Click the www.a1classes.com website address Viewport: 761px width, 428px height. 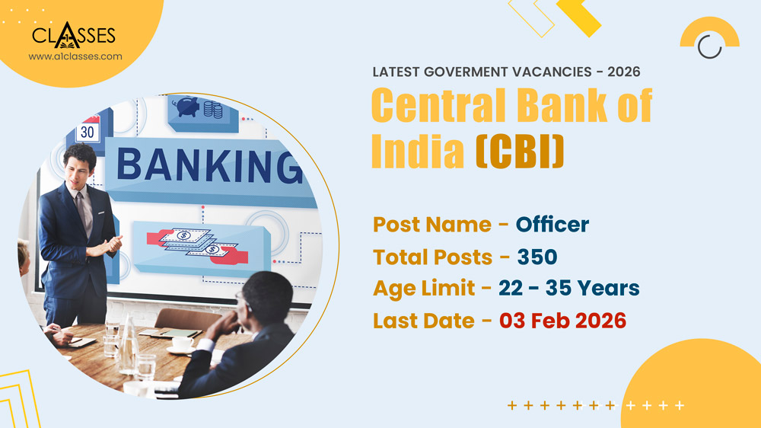tap(75, 56)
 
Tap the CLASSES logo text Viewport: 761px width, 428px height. tap(74, 35)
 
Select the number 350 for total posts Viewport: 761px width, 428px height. tap(537, 257)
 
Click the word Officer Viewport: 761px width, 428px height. tap(552, 225)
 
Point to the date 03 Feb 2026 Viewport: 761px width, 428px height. tap(562, 321)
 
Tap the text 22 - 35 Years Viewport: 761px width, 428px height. tap(568, 289)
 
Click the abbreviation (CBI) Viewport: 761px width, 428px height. tap(520, 152)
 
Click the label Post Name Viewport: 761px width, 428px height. tap(431, 225)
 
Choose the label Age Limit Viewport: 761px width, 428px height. tap(425, 289)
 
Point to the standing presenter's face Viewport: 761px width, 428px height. tap(80, 170)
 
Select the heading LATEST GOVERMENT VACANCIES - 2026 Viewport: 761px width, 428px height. tap(506, 72)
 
